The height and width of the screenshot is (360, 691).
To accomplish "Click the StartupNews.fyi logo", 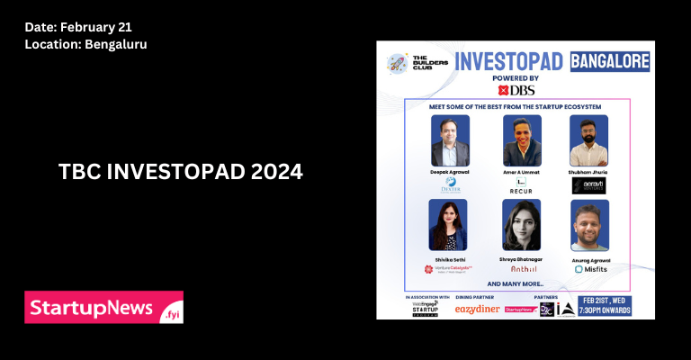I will [103, 307].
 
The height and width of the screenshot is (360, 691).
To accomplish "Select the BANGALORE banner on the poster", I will [612, 61].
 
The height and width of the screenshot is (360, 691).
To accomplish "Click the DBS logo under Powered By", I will [516, 90].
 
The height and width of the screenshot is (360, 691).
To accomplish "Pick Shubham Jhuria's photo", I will [588, 139].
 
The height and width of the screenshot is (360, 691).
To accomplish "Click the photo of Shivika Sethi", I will [448, 225].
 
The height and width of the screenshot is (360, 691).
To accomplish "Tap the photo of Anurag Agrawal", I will [589, 225].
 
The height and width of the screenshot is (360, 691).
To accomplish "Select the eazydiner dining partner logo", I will [478, 309].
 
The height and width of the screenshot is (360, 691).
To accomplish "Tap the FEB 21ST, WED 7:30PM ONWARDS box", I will [606, 305].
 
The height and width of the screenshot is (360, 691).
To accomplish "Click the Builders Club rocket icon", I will [397, 62].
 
